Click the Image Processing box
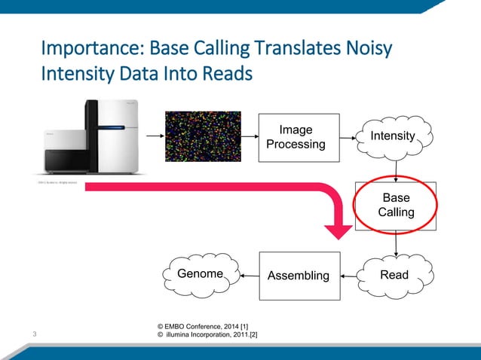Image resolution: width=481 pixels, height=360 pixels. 296,136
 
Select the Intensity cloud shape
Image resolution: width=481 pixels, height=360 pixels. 392,136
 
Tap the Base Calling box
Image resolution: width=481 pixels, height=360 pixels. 395,205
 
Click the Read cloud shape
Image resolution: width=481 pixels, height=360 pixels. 394,275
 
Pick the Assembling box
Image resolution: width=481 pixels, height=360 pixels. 299,276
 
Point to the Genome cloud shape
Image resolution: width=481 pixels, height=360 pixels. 200,274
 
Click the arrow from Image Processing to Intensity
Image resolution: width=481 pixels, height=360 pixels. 345,138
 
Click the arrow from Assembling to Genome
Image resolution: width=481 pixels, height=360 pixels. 250,276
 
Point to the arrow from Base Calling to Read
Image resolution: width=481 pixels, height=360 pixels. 396,242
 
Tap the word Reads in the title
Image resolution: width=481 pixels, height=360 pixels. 226,76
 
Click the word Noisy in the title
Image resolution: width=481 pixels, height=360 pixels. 369,50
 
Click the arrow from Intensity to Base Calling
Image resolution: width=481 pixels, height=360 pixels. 396,169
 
